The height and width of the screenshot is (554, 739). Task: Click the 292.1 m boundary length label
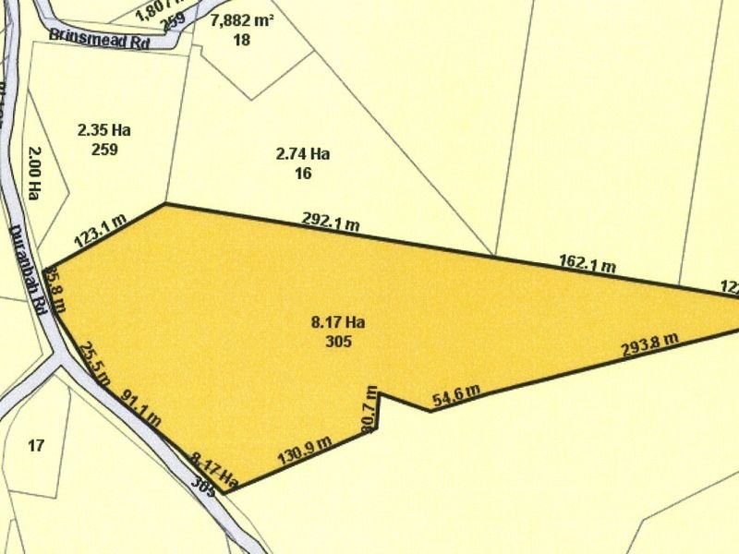(330, 222)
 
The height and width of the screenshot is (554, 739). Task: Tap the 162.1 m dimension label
(588, 264)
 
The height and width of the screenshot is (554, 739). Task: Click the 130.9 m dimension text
(304, 450)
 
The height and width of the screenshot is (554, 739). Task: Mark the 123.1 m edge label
(99, 231)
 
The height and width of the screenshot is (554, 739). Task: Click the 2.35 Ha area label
(104, 130)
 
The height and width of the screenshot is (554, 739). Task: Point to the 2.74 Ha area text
(303, 153)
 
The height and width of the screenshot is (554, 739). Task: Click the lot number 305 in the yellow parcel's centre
(338, 341)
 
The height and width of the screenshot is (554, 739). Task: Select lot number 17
(36, 446)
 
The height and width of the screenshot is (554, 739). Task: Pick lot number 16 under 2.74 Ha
(303, 172)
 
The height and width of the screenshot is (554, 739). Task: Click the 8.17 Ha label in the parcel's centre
(338, 322)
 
